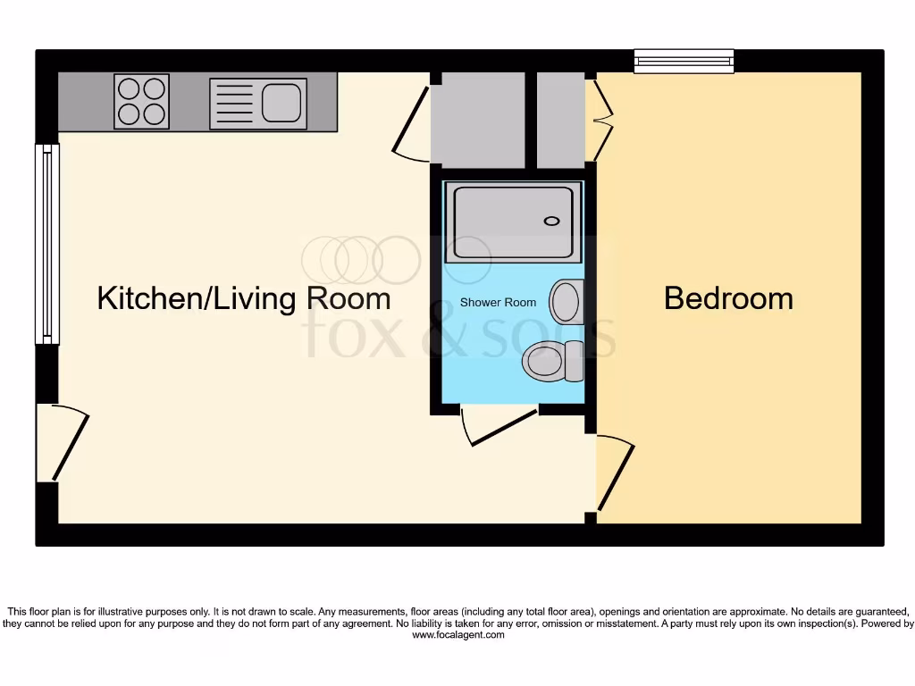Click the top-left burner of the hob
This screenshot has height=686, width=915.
click(x=130, y=88)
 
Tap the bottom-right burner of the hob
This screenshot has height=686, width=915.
click(x=155, y=113)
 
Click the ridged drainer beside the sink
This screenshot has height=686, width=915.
click(x=234, y=104)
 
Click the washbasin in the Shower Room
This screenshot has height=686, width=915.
click(x=566, y=302)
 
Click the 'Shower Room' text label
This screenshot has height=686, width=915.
click(x=498, y=303)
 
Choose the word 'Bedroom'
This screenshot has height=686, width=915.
click(x=728, y=298)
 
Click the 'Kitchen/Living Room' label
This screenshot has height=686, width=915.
click(x=244, y=298)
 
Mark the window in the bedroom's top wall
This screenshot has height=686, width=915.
click(x=684, y=61)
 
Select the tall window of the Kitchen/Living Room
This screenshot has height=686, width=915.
click(x=46, y=244)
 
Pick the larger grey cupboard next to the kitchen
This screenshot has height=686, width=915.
click(x=477, y=121)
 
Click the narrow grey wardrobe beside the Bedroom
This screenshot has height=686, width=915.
click(x=560, y=121)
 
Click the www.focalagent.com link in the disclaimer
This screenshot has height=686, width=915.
click(x=457, y=636)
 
